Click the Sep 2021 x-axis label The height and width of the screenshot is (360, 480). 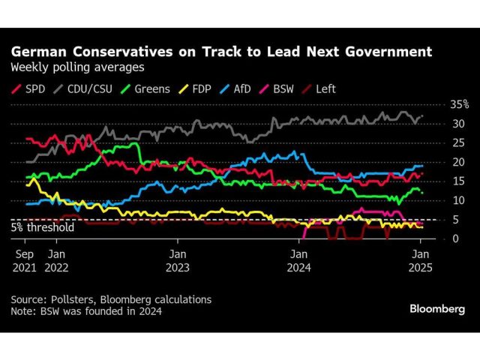[x=24, y=259]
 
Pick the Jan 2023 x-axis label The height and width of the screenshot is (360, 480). [x=177, y=259]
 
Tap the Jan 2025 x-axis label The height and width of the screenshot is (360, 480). [x=421, y=259]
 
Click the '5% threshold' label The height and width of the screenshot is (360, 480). [x=43, y=228]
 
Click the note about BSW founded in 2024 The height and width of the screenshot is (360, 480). [x=86, y=311]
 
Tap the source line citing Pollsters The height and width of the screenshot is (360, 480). [x=111, y=299]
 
